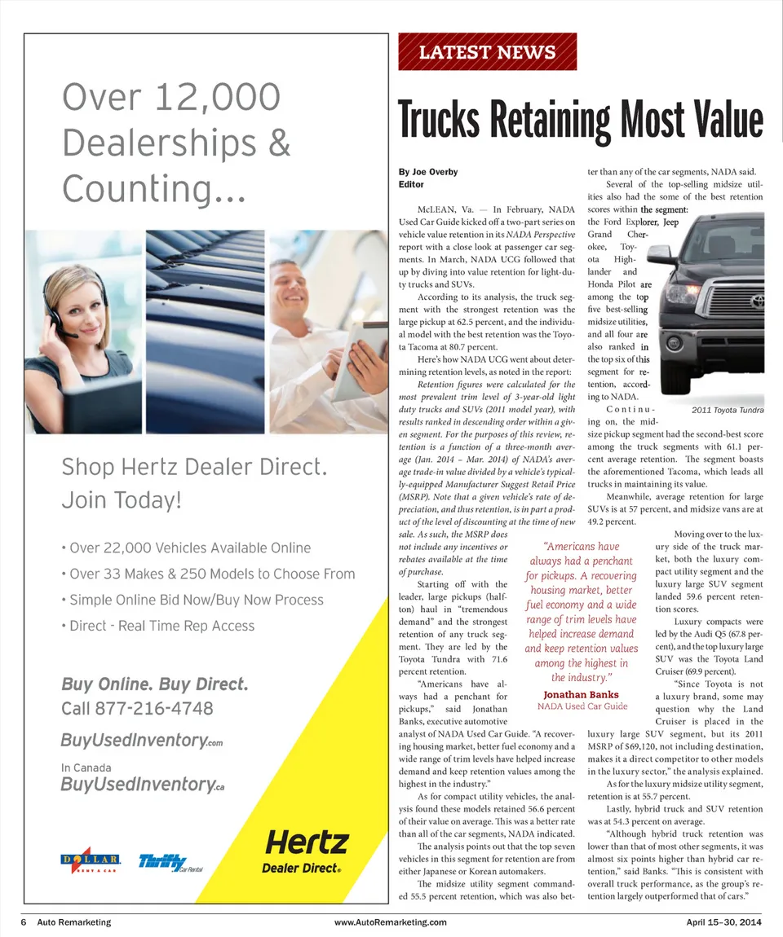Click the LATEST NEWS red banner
coord(487,53)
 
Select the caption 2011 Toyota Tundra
coord(727,410)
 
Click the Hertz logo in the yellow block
coord(307,842)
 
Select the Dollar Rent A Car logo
coord(92,861)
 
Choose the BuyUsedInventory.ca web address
coord(142,784)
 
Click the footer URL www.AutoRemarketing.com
coord(391,922)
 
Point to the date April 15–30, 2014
coord(723,922)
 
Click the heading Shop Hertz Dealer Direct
coord(194,468)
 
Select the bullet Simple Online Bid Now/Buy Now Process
coord(196,600)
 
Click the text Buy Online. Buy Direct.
coord(154,683)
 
